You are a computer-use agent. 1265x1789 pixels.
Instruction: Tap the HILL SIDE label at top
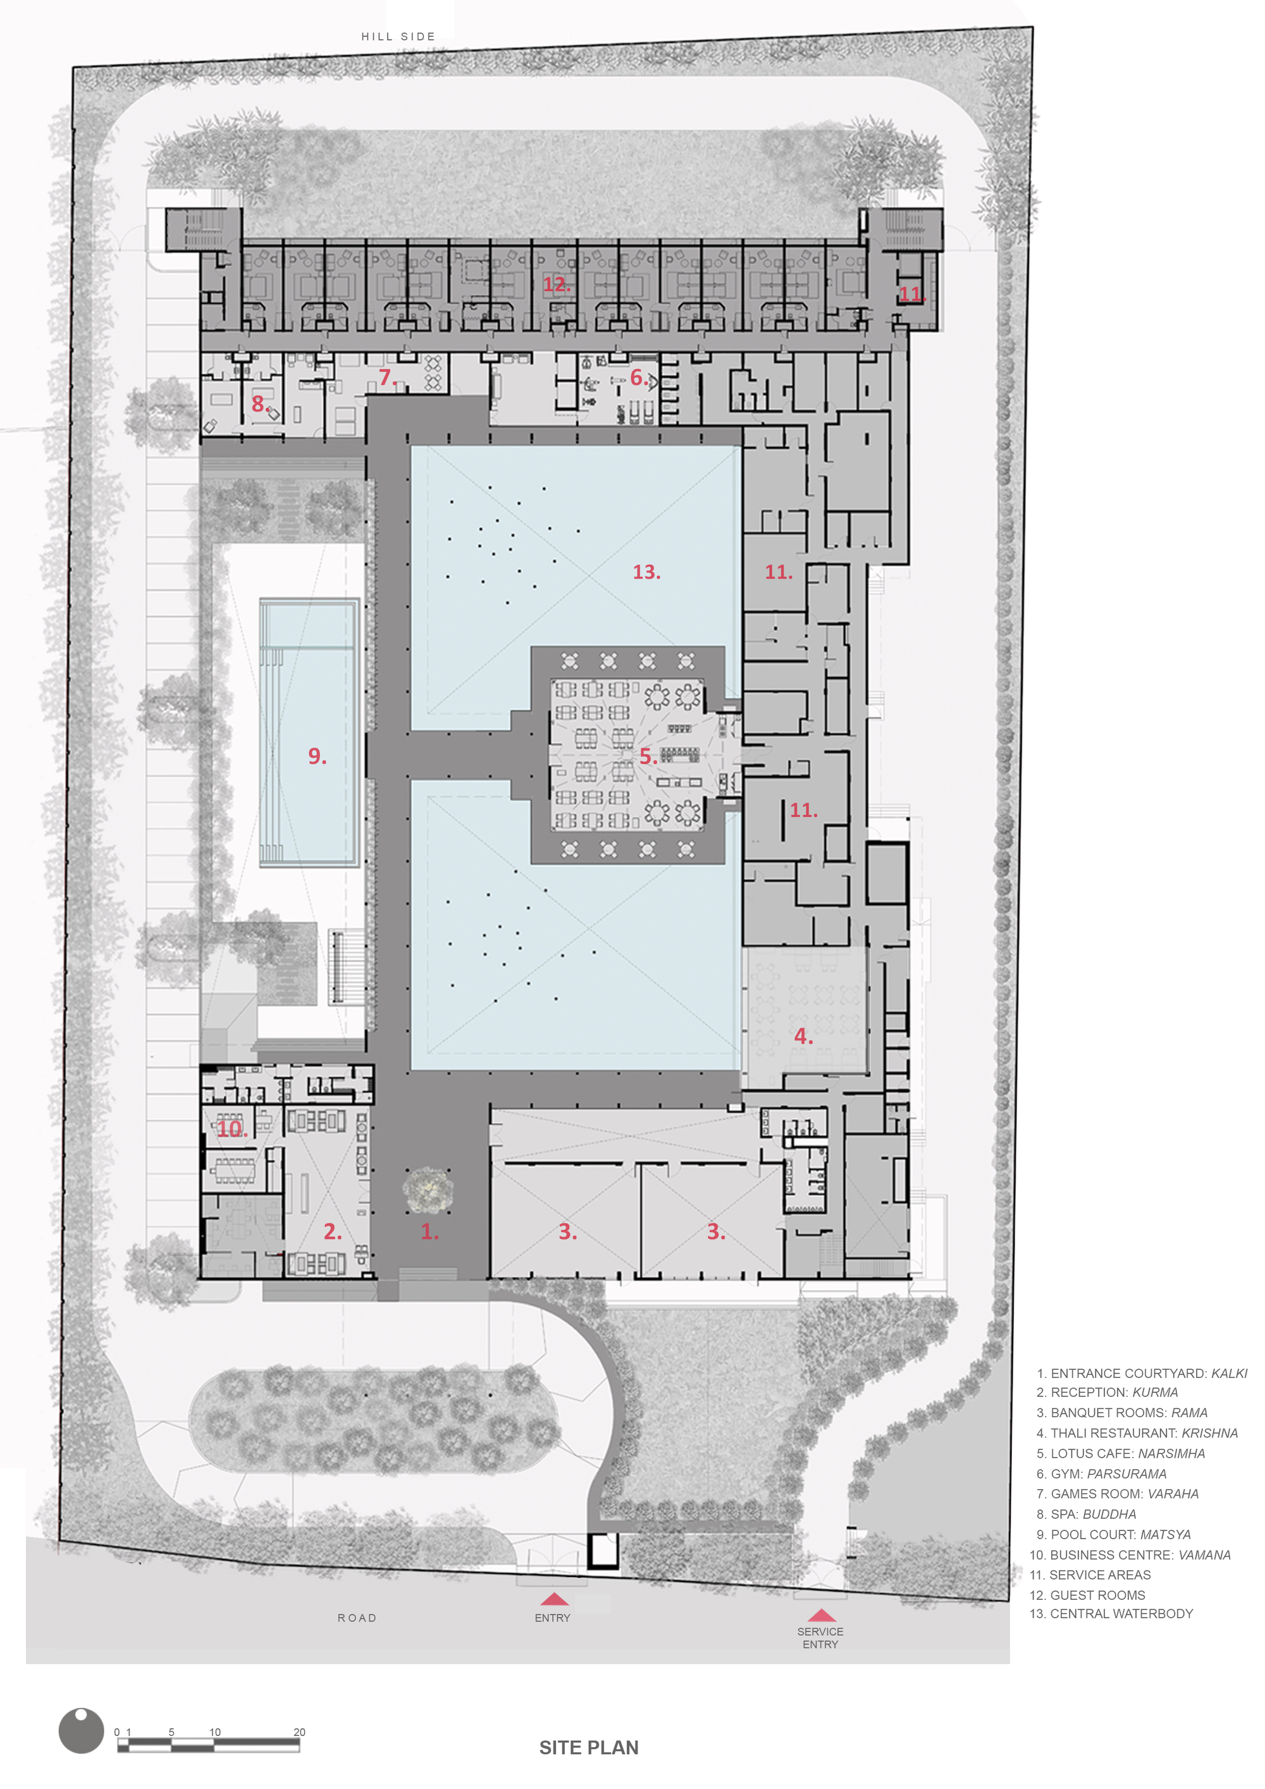click(397, 37)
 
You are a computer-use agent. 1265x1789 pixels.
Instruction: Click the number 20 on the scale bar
click(299, 1732)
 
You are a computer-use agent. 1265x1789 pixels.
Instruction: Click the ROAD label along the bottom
click(357, 1618)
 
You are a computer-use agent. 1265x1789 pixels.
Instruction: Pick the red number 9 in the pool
click(316, 756)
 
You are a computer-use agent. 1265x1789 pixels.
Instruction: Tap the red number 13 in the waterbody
click(646, 572)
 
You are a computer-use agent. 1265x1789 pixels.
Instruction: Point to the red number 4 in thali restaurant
click(803, 1036)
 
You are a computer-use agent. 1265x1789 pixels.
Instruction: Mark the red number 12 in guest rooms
click(556, 285)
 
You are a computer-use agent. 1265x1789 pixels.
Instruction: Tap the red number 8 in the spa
click(259, 404)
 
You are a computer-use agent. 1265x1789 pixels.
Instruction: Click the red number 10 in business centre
click(231, 1128)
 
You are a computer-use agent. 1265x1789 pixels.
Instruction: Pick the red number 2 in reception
click(332, 1231)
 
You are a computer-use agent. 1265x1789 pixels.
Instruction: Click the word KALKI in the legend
click(1228, 1373)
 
